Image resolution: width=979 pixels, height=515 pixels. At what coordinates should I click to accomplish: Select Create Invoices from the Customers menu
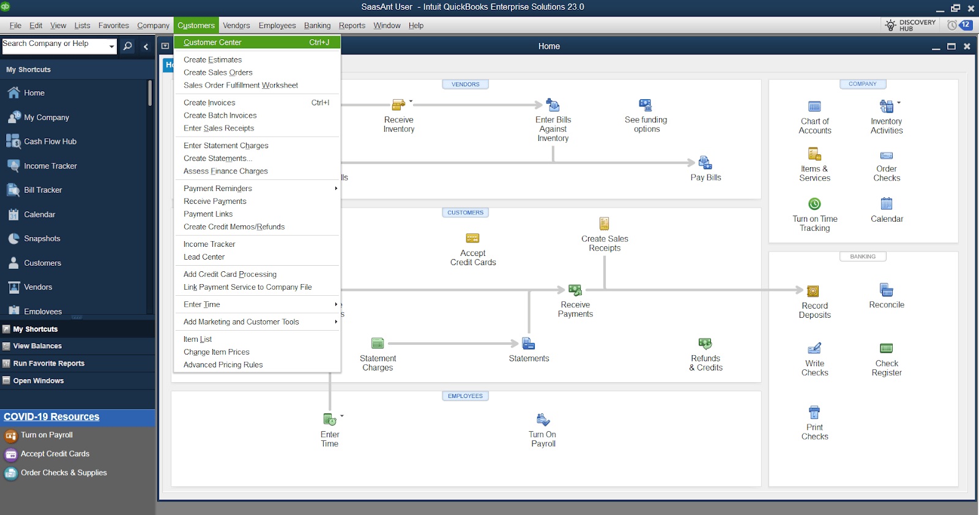tap(209, 102)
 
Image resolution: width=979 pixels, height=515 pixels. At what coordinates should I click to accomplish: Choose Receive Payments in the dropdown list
tap(215, 201)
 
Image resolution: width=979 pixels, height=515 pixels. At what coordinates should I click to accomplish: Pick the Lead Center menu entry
tap(204, 257)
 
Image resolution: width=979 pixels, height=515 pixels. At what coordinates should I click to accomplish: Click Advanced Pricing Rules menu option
tap(223, 365)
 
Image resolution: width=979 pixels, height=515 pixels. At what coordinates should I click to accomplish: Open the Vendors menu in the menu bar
tap(236, 25)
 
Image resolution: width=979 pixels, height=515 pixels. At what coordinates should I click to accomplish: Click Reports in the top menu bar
tap(352, 25)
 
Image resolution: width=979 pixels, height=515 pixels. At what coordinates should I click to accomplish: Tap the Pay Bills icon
tap(705, 162)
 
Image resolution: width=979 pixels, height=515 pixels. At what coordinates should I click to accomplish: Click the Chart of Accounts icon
tap(814, 107)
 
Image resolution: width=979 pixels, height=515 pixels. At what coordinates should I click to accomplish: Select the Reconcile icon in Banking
tap(886, 290)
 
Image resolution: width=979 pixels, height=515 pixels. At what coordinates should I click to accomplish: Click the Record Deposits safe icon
tap(813, 291)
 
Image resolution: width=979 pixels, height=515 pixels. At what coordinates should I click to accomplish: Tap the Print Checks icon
tap(814, 412)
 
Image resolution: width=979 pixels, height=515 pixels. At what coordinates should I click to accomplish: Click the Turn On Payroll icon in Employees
tap(543, 419)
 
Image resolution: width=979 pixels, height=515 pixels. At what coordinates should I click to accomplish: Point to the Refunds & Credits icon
tap(705, 344)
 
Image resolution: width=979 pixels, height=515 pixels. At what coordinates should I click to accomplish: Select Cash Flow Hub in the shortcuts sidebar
tap(50, 141)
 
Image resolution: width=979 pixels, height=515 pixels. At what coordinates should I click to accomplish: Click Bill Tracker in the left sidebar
tap(43, 190)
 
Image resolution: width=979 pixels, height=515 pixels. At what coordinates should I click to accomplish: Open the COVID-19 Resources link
tap(51, 416)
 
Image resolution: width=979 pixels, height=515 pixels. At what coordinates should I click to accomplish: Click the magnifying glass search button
tap(128, 46)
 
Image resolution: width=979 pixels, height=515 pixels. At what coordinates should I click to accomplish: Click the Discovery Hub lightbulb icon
tap(890, 25)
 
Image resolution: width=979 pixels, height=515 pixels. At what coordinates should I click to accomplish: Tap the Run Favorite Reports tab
tap(48, 363)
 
